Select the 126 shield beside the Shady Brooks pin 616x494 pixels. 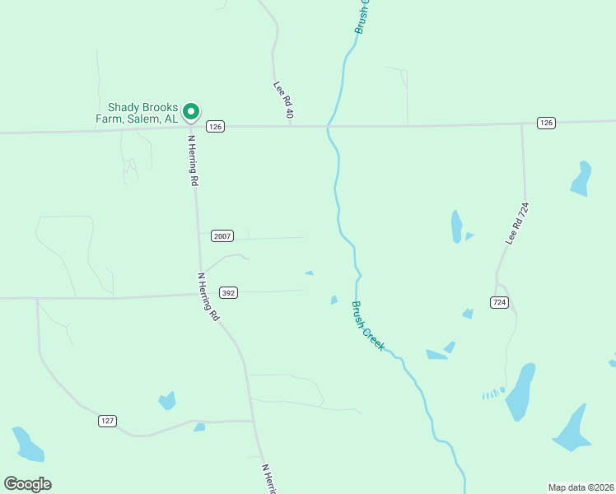215,126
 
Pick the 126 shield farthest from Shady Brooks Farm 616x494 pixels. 546,123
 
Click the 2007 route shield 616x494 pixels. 222,235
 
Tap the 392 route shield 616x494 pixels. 229,292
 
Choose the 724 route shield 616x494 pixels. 499,303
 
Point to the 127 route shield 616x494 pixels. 107,421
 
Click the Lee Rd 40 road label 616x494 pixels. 284,100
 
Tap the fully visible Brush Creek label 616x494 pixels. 368,326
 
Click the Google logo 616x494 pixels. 27,484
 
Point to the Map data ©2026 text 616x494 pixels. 581,487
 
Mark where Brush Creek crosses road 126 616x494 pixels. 329,127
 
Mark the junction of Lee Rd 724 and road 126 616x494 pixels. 521,124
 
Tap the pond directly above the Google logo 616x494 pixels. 28,445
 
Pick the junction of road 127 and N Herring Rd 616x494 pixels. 253,422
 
